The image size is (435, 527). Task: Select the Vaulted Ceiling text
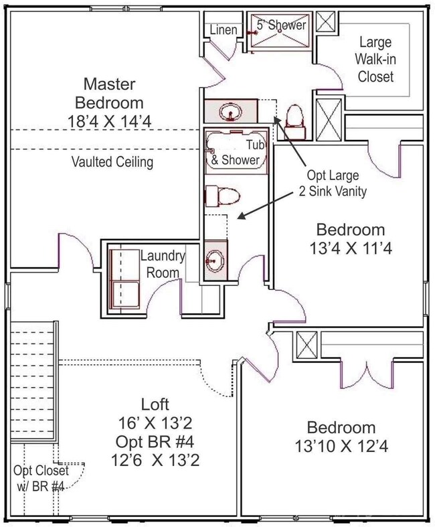(x=113, y=161)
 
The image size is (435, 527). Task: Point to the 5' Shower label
(x=282, y=25)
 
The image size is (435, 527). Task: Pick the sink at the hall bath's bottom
(x=215, y=257)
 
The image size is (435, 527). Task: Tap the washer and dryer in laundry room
(x=124, y=275)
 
